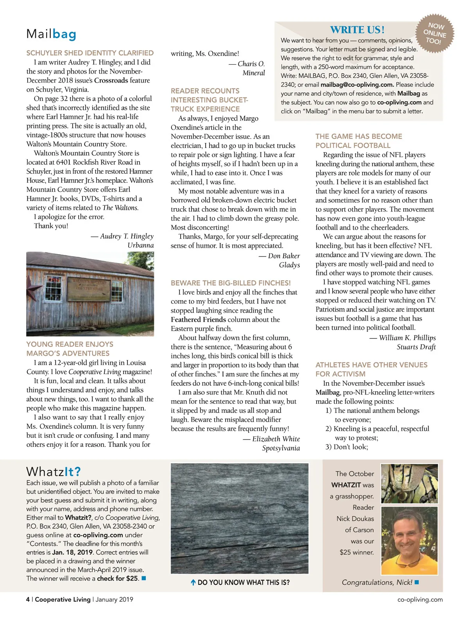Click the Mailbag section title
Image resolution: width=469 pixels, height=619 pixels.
tap(51, 34)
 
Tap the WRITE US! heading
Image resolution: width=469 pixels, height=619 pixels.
tap(357, 30)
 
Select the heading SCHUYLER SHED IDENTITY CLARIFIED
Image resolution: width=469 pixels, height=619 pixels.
tap(90, 53)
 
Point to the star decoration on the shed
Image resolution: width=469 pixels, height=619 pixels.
tap(33, 289)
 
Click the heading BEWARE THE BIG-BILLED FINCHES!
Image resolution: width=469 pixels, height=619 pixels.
tap(231, 283)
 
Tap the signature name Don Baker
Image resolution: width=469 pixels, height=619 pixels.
tap(284, 256)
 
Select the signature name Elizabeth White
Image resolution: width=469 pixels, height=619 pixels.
tap(276, 439)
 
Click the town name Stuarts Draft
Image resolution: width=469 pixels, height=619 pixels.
tap(416, 347)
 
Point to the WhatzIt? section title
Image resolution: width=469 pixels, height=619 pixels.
tap(53, 471)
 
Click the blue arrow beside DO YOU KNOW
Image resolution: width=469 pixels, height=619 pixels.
tap(193, 583)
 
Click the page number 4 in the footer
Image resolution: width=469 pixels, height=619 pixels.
tap(28, 599)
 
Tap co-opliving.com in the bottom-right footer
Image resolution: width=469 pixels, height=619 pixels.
tap(420, 599)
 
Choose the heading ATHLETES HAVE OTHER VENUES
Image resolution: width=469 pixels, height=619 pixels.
tap(371, 365)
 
